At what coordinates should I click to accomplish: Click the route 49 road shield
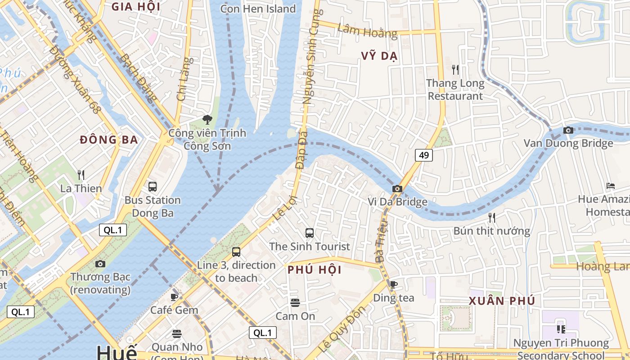(424, 155)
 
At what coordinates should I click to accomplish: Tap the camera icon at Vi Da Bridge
(397, 189)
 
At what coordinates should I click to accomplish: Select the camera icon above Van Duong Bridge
(568, 130)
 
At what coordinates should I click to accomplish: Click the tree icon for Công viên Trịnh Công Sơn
(207, 120)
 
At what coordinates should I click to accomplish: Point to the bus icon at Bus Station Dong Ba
(153, 187)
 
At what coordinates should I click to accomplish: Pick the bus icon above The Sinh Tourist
(310, 233)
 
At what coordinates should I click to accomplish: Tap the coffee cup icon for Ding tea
(394, 284)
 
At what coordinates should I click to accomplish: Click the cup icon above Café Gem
(175, 297)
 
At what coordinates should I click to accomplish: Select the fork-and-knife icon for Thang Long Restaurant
(455, 70)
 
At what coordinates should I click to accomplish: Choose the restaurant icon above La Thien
(81, 175)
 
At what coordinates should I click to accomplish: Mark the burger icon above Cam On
(295, 303)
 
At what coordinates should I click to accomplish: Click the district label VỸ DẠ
(379, 56)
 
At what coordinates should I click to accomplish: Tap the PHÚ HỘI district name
(315, 270)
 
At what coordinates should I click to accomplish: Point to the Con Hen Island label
(258, 9)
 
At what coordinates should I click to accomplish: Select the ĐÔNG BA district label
(109, 140)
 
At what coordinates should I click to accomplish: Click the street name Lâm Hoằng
(367, 31)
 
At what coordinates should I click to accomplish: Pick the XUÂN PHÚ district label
(502, 301)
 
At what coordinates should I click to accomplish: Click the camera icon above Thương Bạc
(100, 264)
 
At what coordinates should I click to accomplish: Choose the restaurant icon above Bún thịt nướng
(492, 218)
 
